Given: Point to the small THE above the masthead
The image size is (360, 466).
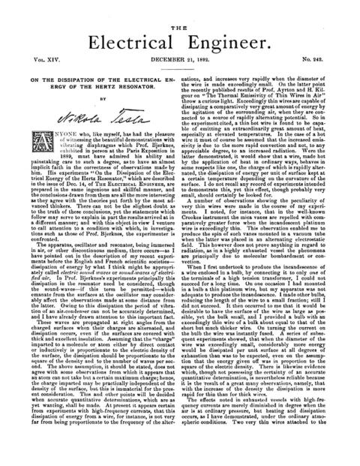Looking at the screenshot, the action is (180, 6).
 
